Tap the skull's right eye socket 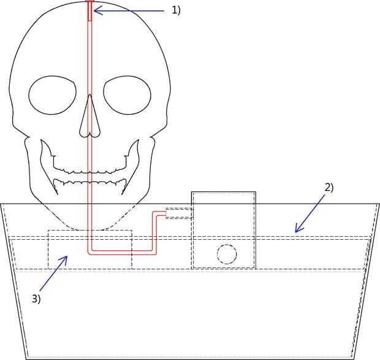pos(127,95)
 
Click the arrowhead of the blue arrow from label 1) pos(96,10)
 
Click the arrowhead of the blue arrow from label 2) pos(295,232)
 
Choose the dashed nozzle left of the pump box pos(179,213)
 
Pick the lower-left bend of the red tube pos(90,251)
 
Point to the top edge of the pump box pos(224,192)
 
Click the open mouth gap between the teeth pos(89,174)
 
